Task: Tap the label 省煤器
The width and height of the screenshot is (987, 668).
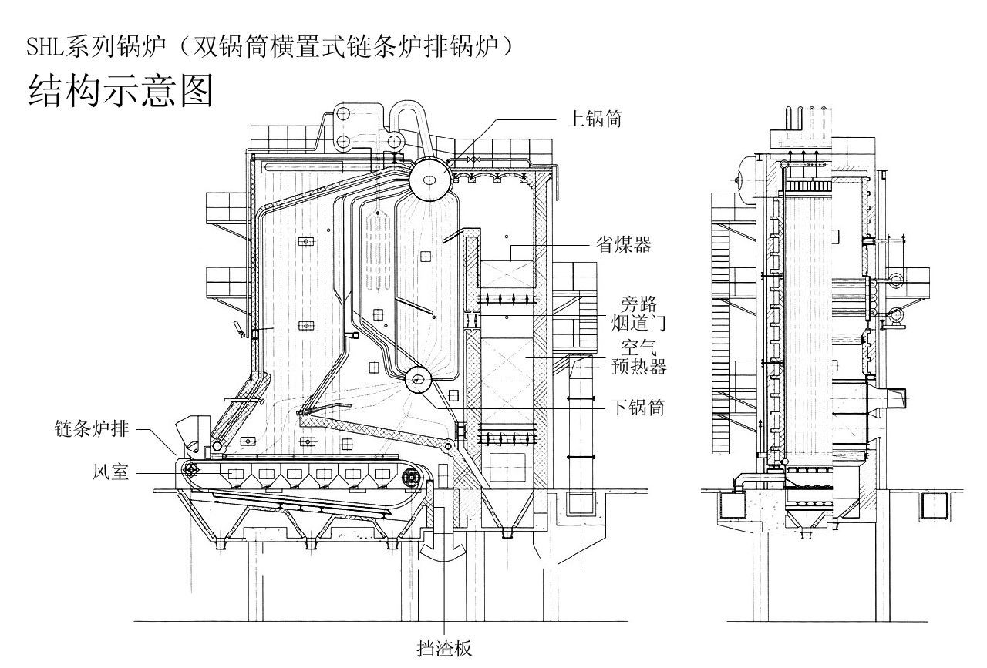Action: (x=624, y=245)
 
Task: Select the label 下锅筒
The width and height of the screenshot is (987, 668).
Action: (x=638, y=407)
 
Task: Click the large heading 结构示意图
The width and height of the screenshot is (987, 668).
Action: (x=120, y=90)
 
